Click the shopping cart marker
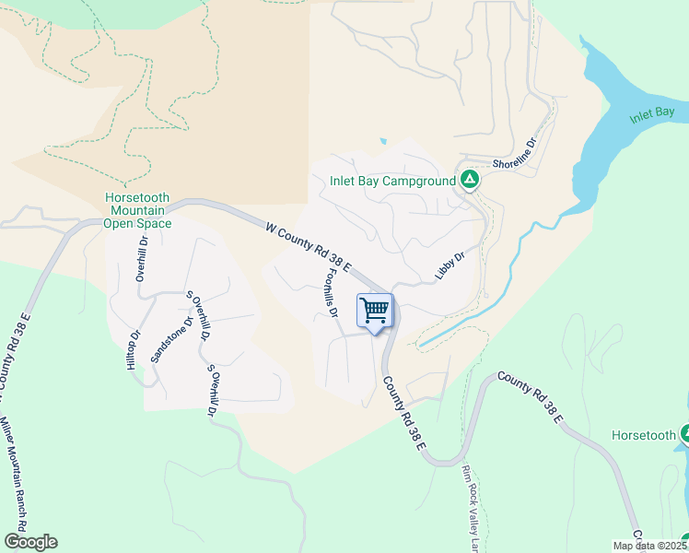pos(375,312)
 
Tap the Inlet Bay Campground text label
pos(393,181)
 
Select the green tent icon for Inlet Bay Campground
pos(470,180)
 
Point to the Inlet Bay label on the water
pos(652,116)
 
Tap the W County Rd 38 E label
pos(309,245)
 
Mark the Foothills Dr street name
pos(329,293)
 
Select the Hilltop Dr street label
pos(134,350)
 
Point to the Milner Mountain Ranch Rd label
pos(20,479)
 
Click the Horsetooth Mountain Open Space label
pos(137,210)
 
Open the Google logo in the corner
pos(30,542)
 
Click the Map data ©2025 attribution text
pos(649,546)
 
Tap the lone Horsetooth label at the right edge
pos(645,434)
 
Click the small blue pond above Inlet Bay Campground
pos(382,142)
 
